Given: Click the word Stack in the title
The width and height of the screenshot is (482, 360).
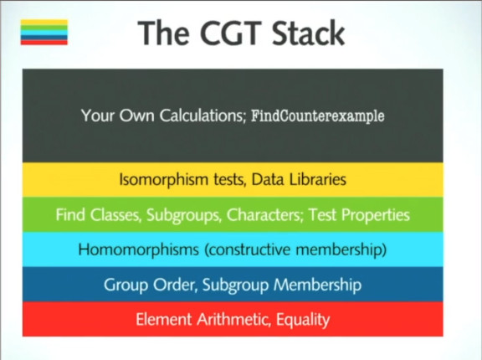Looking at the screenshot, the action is pos(308,33).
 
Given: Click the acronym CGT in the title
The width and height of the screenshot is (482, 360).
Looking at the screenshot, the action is pos(230,33).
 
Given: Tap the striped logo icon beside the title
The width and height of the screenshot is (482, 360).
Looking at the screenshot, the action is pos(44,33).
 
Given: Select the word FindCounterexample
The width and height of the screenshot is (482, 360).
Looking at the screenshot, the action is pos(318,116).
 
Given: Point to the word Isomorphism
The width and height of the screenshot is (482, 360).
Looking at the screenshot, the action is pos(163,179).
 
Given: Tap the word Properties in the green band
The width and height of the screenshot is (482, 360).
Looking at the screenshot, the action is pos(376,214).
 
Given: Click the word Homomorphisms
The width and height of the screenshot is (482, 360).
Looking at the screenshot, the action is pos(139,249).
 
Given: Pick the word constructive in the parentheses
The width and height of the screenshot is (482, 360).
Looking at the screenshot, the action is pos(247,249).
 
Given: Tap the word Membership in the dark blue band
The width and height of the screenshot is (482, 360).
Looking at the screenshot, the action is pos(317,285).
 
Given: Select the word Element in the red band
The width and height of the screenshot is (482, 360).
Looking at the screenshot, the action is pos(164,319).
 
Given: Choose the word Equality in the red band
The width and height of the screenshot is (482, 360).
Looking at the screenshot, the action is pos(303,320).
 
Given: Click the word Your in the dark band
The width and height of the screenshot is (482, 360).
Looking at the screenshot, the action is pos(98,116).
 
